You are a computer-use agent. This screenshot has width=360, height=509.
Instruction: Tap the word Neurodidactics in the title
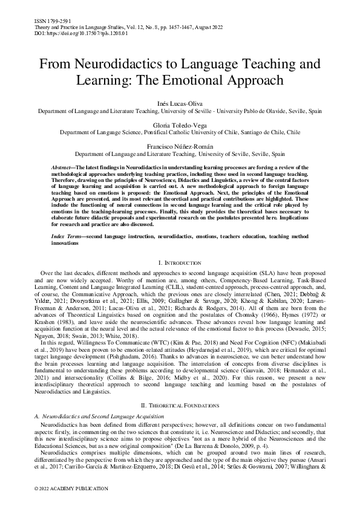[114, 63]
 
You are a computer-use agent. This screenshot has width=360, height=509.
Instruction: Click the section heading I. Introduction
[180, 263]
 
